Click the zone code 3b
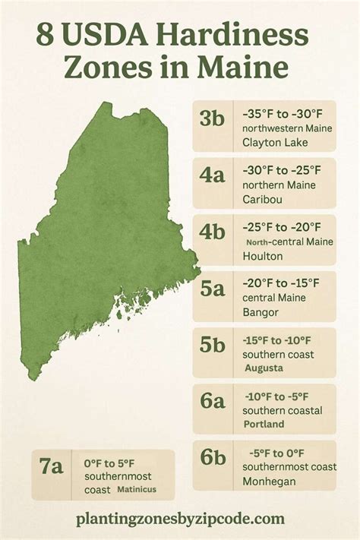(213, 119)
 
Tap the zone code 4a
(213, 175)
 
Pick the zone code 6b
(213, 458)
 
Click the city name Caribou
(264, 199)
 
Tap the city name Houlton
(263, 256)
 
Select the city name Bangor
(261, 312)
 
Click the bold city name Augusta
(264, 368)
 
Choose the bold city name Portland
(265, 424)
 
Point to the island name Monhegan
(269, 481)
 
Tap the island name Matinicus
(137, 490)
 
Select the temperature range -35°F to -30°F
(282, 113)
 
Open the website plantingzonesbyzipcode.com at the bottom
(180, 519)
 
